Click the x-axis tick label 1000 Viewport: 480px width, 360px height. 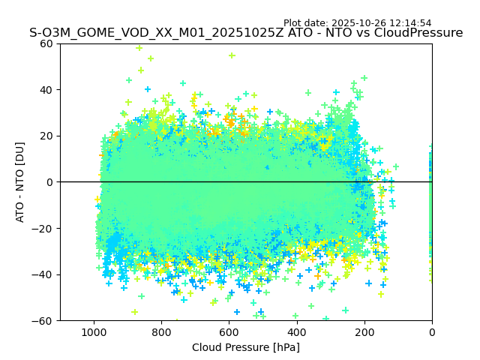tap(94, 332)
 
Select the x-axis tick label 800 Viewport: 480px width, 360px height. tap(161, 332)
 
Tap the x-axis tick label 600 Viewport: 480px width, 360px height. tap(229, 332)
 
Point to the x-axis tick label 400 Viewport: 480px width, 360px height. tap(297, 332)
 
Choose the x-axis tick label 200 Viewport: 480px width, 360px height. tap(364, 332)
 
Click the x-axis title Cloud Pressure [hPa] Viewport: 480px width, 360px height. tap(246, 347)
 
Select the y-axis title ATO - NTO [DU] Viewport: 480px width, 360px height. tap(21, 182)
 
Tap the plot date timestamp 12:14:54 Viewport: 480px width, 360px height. tap(410, 23)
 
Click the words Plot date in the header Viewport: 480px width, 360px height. tap(306, 23)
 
